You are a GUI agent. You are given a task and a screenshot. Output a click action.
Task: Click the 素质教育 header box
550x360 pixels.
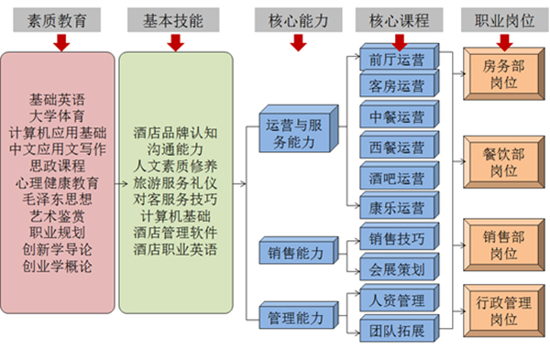coord(60,18)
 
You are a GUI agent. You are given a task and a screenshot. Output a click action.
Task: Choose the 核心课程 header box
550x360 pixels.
coord(397,18)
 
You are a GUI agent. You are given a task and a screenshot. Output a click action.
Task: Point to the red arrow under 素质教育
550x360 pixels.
coord(60,41)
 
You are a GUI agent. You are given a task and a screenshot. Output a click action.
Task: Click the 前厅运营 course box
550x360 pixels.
coord(396,60)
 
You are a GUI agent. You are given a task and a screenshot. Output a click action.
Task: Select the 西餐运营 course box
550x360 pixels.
coord(396,146)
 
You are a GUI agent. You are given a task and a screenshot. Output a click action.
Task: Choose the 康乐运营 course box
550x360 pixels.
coord(396,206)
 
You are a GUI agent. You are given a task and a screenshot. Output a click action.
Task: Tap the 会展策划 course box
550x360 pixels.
coord(396,269)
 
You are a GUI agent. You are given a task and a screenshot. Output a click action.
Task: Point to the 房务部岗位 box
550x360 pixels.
coord(503,73)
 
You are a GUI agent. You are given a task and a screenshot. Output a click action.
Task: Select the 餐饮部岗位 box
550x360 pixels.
coord(503,162)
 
